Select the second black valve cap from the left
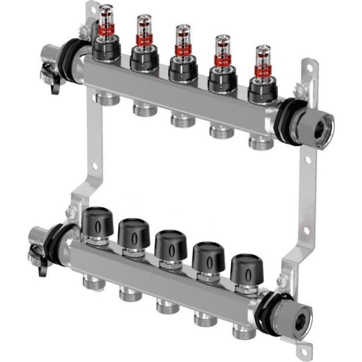click(x=133, y=231)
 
